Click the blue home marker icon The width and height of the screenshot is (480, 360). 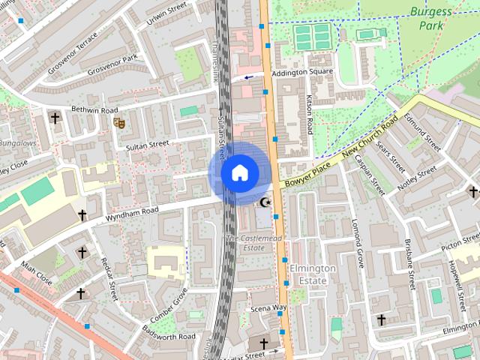pyautogui.click(x=239, y=172)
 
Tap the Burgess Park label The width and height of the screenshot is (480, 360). pyautogui.click(x=430, y=19)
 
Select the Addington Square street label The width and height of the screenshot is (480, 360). pyautogui.click(x=301, y=73)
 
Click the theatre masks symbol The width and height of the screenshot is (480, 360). pyautogui.click(x=118, y=121)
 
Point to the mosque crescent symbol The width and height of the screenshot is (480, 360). pyautogui.click(x=264, y=202)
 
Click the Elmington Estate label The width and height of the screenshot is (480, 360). pyautogui.click(x=308, y=274)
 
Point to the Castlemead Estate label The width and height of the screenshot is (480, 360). pyautogui.click(x=245, y=242)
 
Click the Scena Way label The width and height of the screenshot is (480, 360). pyautogui.click(x=269, y=307)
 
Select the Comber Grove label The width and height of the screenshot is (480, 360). pyautogui.click(x=169, y=304)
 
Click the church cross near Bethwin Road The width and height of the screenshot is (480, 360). pyautogui.click(x=54, y=118)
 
